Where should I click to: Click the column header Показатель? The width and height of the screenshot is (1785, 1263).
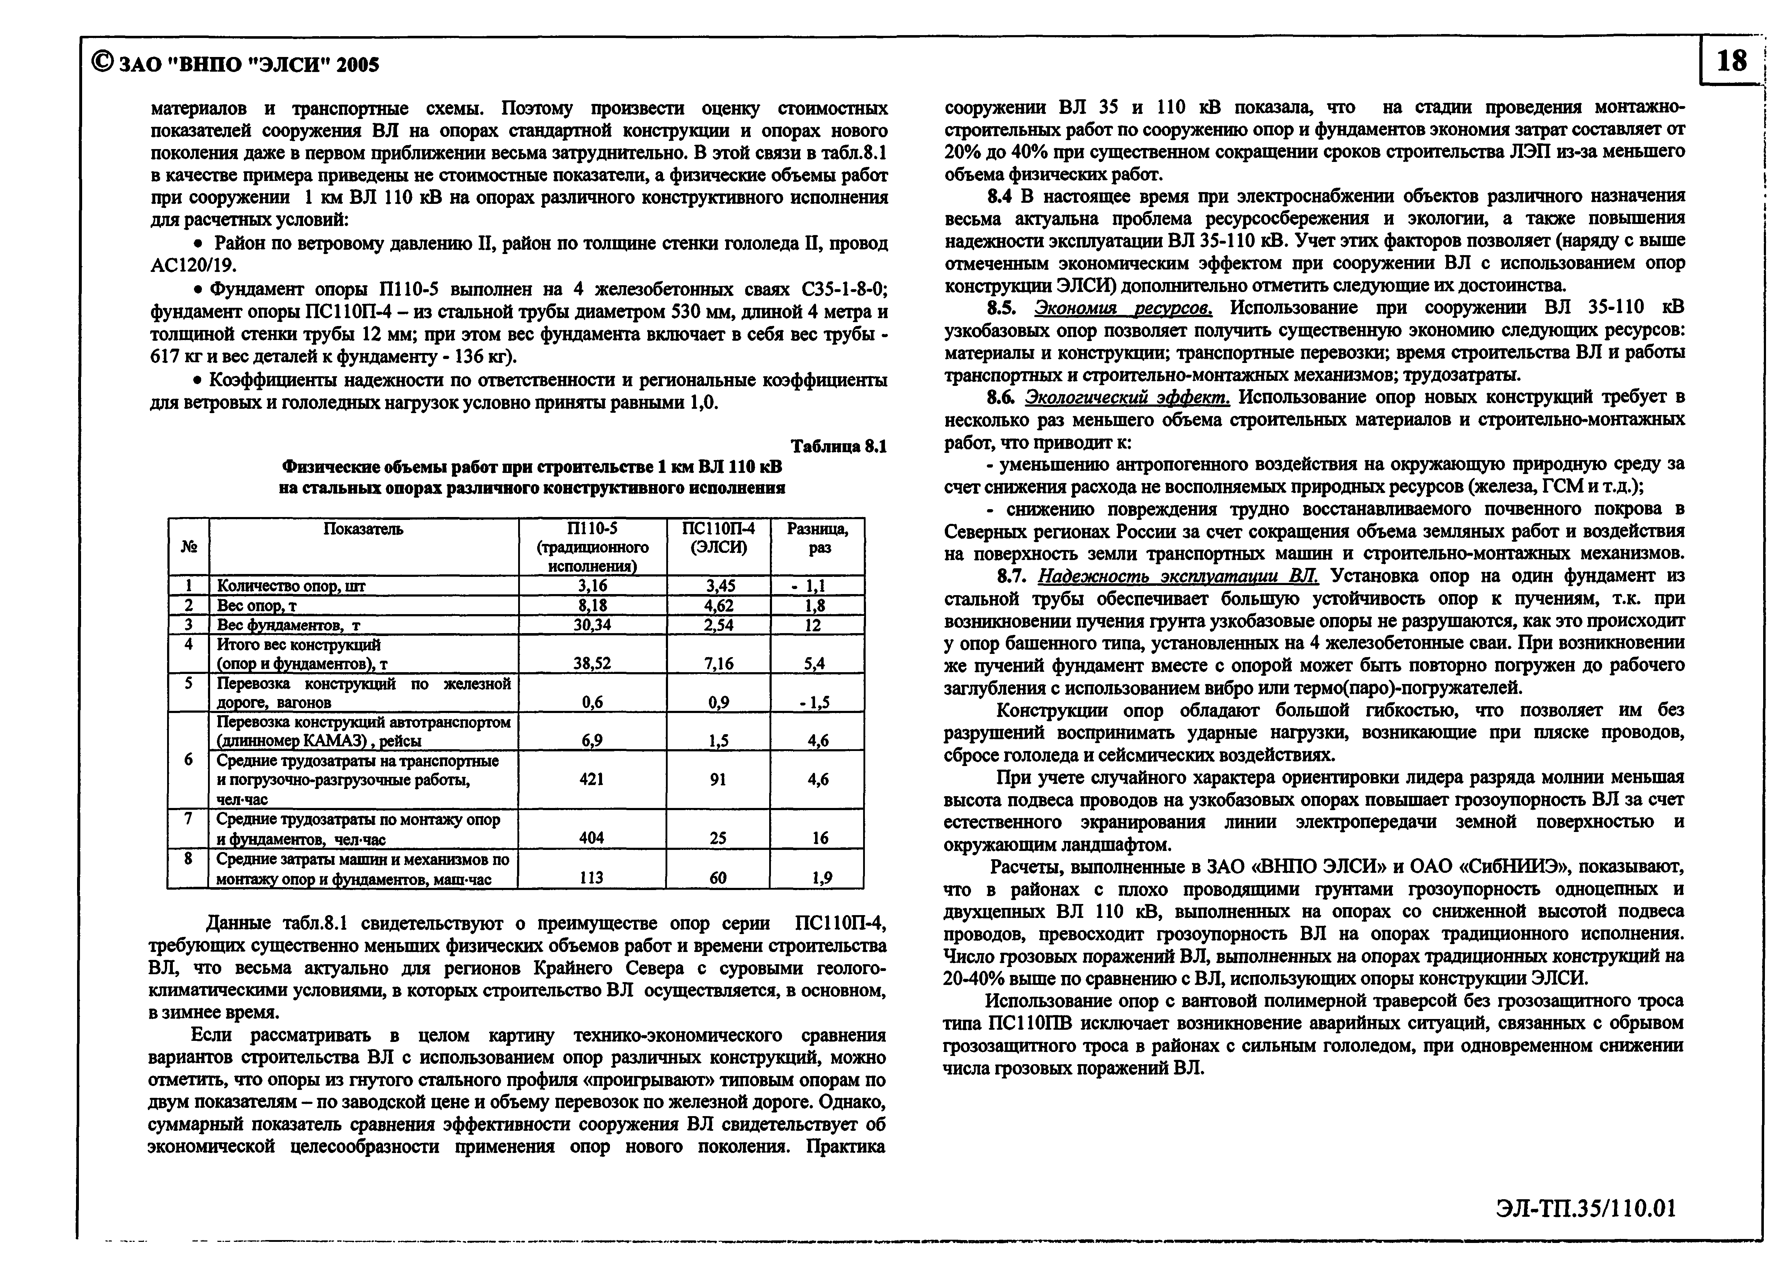[363, 530]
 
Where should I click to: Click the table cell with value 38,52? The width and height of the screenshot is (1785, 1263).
[592, 663]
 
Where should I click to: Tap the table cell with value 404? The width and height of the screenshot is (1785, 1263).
[592, 838]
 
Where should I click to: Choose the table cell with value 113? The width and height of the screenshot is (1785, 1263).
[592, 877]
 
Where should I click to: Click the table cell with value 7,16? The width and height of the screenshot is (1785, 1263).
[718, 663]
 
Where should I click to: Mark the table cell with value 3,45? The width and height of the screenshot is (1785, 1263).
[718, 585]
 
